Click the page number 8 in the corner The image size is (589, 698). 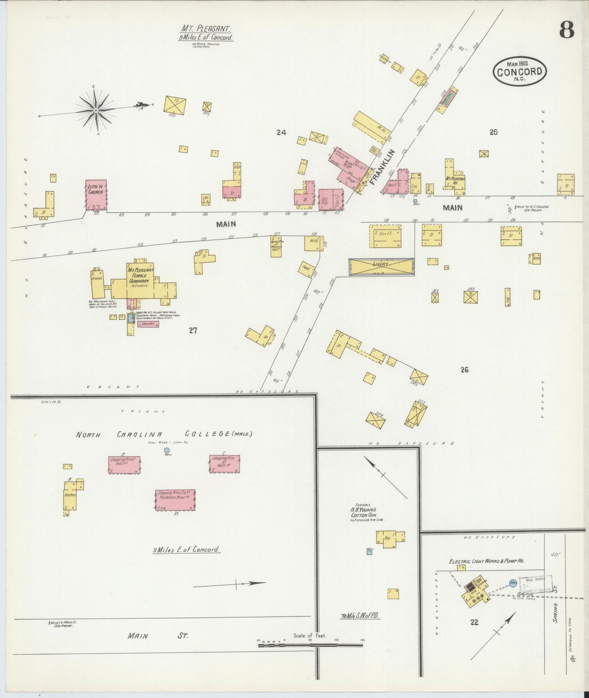click(566, 30)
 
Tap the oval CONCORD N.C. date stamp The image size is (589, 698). click(519, 72)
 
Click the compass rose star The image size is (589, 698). click(95, 110)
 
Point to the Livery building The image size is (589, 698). click(382, 267)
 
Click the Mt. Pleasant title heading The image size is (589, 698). click(206, 29)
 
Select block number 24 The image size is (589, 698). click(281, 132)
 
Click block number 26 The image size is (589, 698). click(464, 370)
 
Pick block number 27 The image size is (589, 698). click(193, 330)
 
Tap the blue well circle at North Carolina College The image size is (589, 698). click(166, 450)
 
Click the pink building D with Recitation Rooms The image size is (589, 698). click(175, 500)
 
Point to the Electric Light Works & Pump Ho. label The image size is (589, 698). click(486, 561)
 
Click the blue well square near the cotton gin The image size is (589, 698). click(369, 553)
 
